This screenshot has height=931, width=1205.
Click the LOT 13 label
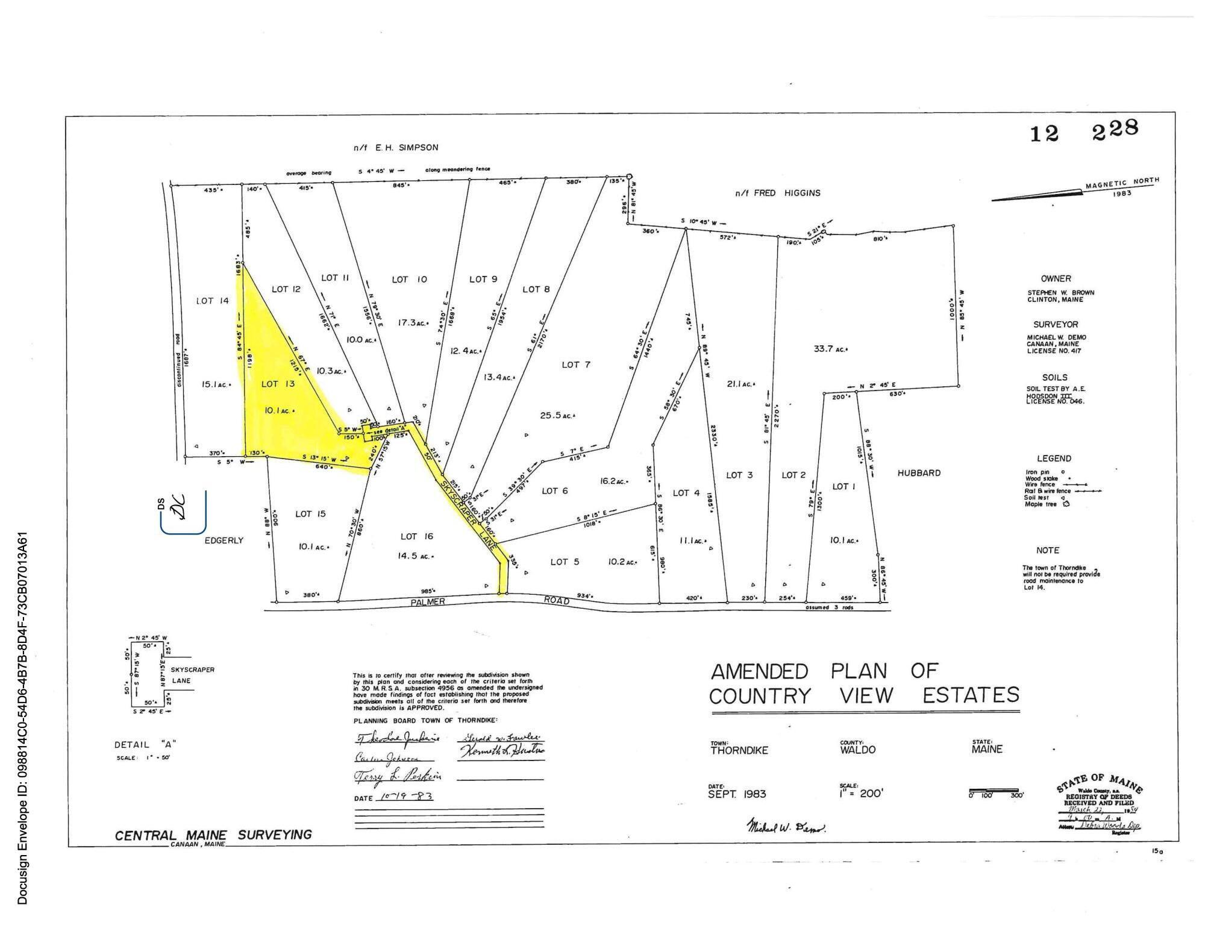coord(278,384)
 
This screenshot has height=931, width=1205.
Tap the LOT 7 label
coord(576,365)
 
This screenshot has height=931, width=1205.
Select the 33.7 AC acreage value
coord(831,348)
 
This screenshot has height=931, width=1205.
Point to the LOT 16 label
coord(416,536)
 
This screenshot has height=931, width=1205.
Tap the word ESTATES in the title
coord(971,695)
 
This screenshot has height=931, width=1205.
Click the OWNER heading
coord(1056,278)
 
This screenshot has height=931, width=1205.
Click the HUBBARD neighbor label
coord(919,473)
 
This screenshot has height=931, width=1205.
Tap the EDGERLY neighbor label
coord(224,541)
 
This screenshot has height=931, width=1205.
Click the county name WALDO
coord(857,750)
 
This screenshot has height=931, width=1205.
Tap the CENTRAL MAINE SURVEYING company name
coord(213,835)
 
